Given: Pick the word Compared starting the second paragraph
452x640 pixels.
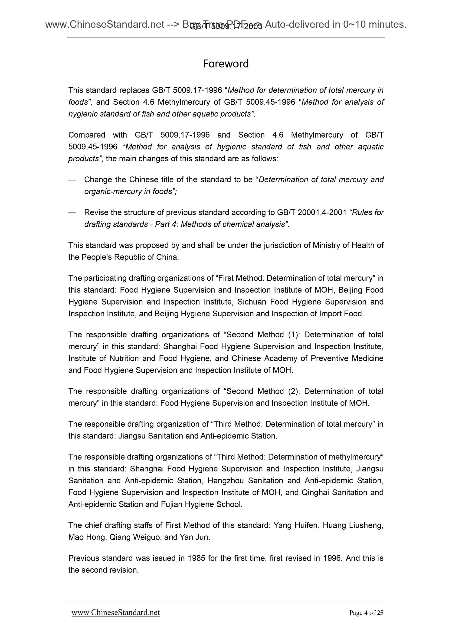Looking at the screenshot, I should (x=87, y=135).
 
